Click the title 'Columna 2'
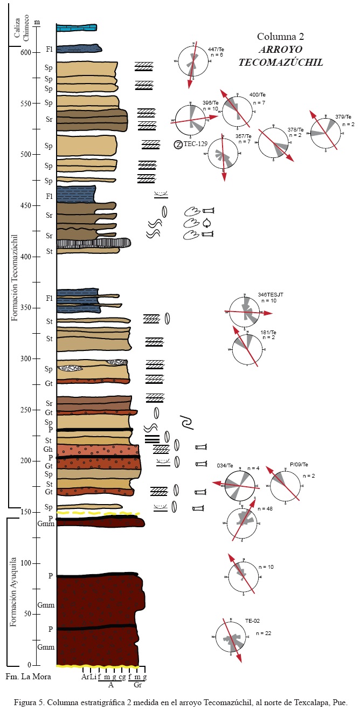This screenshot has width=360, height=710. [280, 37]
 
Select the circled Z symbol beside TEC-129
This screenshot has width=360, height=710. [178, 144]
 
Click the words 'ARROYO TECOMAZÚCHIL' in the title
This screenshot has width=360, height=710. [280, 56]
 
